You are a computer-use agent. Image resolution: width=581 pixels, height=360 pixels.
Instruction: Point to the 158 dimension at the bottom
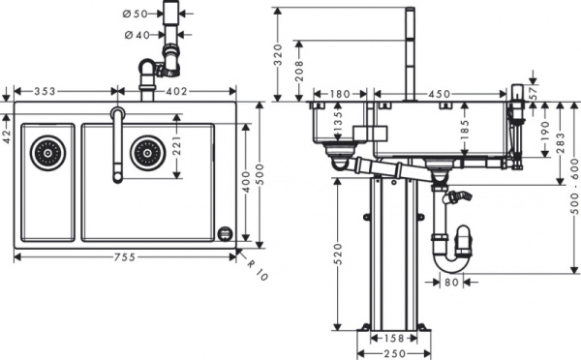(x=394, y=339)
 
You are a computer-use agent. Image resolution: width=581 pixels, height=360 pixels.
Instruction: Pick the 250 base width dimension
(x=394, y=353)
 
